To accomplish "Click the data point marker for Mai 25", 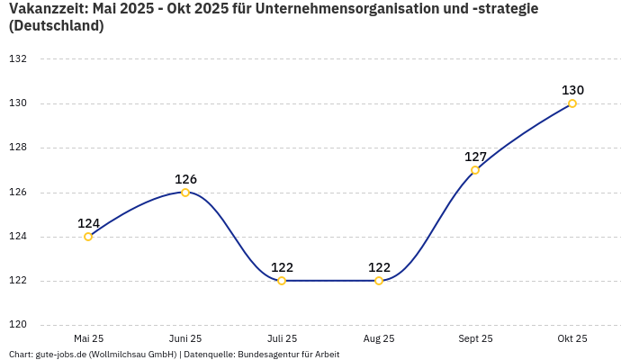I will click(88, 237).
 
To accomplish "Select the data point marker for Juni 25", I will click(185, 193).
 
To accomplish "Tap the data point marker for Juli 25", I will click(282, 281).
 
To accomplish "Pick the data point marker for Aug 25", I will click(379, 281).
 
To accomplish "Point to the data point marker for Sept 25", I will click(475, 170).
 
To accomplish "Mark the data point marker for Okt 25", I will click(572, 103).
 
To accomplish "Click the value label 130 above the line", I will click(572, 90).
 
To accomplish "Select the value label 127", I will click(475, 157).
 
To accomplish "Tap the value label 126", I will click(185, 179).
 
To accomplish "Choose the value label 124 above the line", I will click(88, 223).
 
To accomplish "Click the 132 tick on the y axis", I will click(18, 59).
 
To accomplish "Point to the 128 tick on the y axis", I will click(18, 148).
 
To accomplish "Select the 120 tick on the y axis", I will click(18, 325).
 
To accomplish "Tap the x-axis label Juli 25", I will click(282, 338).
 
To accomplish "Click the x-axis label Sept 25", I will click(475, 338).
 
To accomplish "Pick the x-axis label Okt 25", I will click(572, 338).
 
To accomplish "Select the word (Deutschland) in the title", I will click(56, 26).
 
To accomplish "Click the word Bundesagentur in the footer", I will click(268, 355).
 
